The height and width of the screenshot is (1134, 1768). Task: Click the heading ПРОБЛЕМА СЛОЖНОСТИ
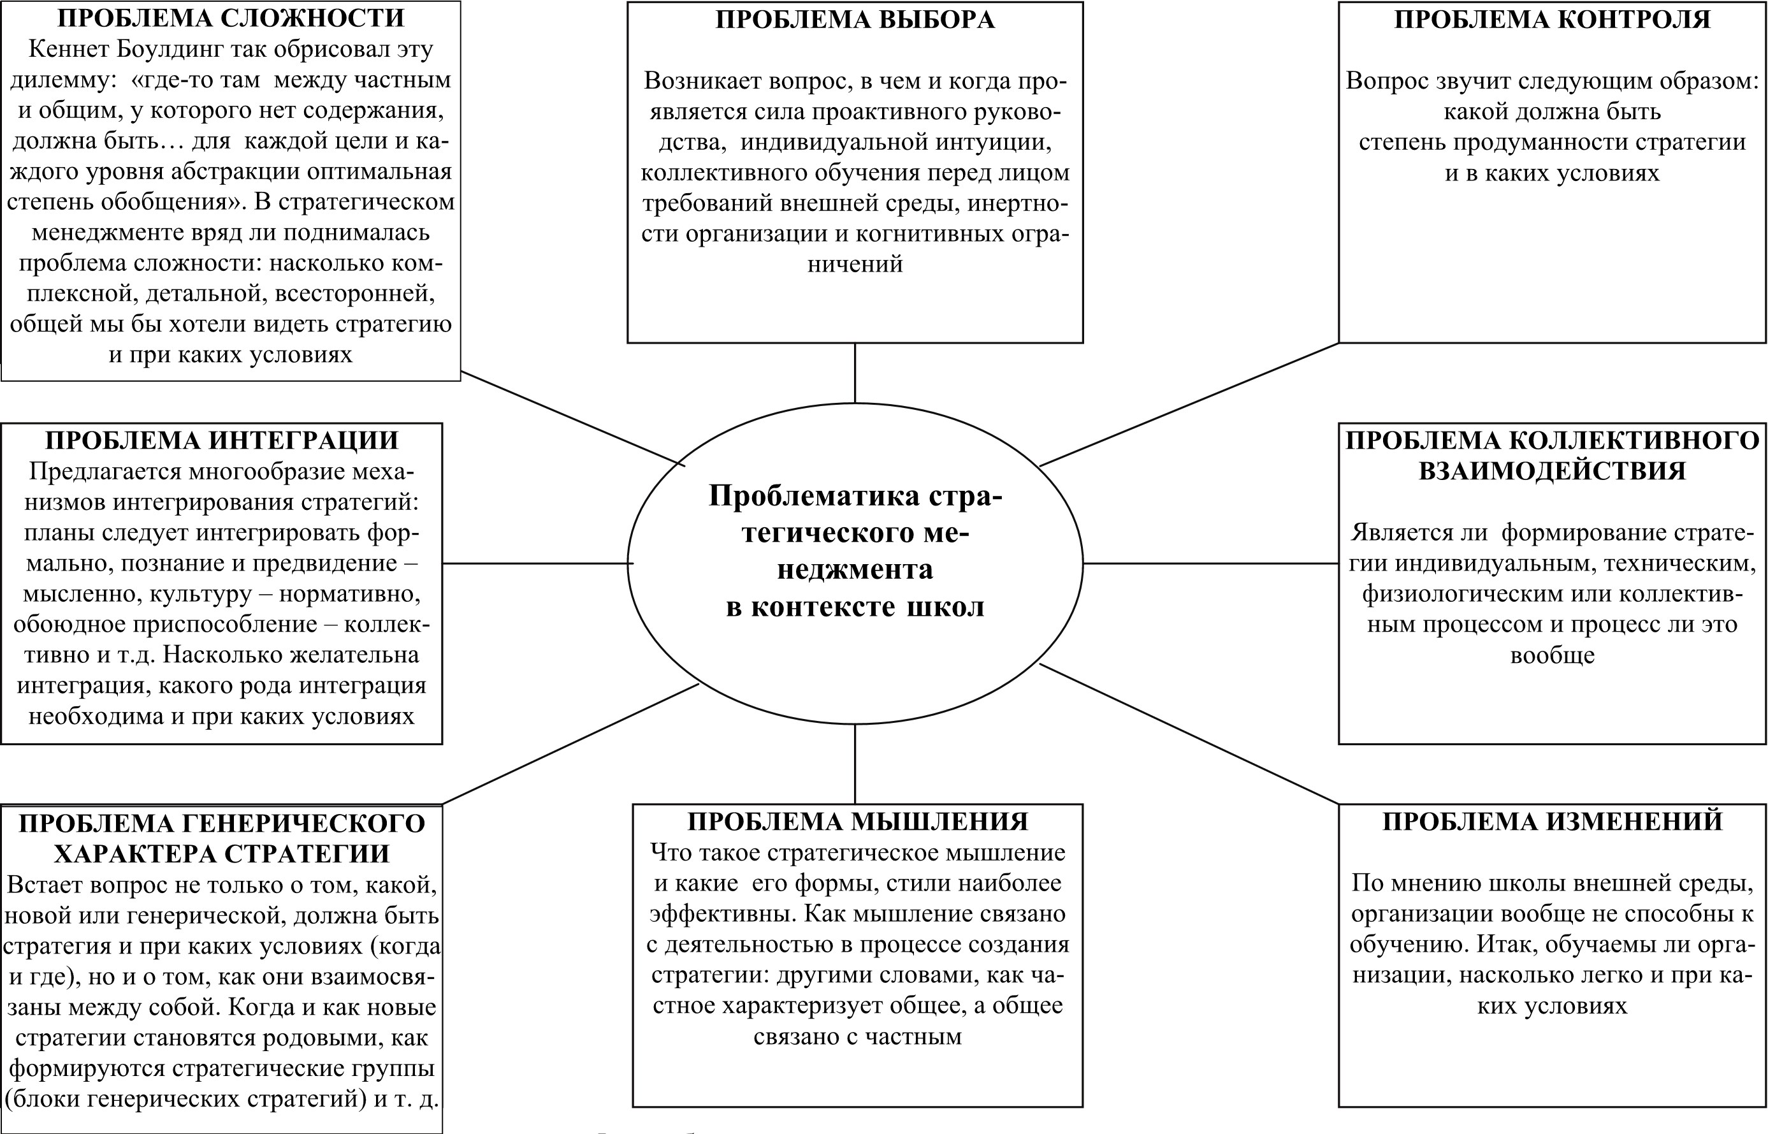point(230,18)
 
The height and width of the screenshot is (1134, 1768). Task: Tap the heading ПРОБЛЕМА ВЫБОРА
point(855,20)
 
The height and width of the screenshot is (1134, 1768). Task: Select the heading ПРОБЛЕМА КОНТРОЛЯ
point(1551,20)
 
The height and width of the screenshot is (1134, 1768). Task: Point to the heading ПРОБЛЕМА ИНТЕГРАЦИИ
point(222,440)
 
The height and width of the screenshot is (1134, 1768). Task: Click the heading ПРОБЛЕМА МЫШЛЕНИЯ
point(857,821)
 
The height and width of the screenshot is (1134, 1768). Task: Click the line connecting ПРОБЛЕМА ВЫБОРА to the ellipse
point(855,373)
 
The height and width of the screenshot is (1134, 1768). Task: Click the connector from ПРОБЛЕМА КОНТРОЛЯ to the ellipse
point(1189,404)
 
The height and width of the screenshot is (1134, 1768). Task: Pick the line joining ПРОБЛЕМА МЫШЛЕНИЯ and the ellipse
point(855,764)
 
